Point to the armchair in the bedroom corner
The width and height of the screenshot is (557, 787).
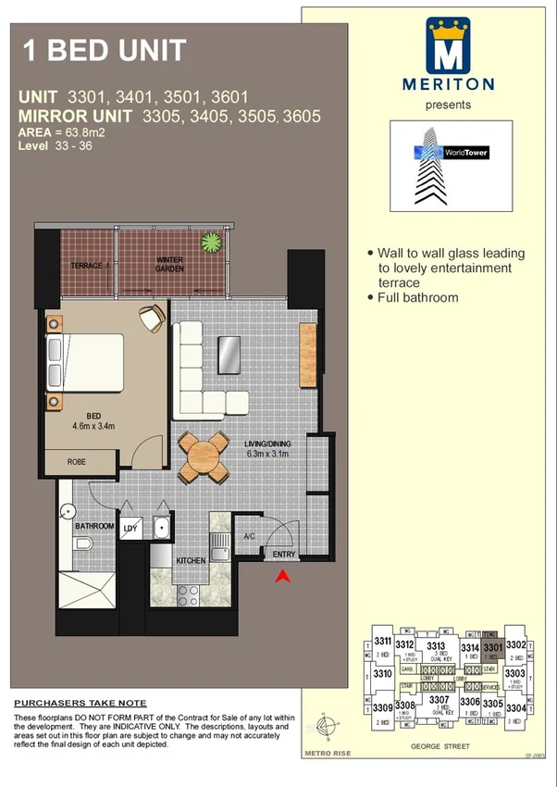tap(152, 317)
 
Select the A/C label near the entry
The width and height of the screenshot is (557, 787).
tap(248, 536)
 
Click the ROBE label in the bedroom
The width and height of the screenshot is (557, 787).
tap(77, 460)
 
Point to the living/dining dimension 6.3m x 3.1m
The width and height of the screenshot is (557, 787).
tap(267, 454)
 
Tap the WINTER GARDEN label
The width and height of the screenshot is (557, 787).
tap(170, 264)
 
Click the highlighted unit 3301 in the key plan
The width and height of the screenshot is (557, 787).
tap(492, 650)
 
